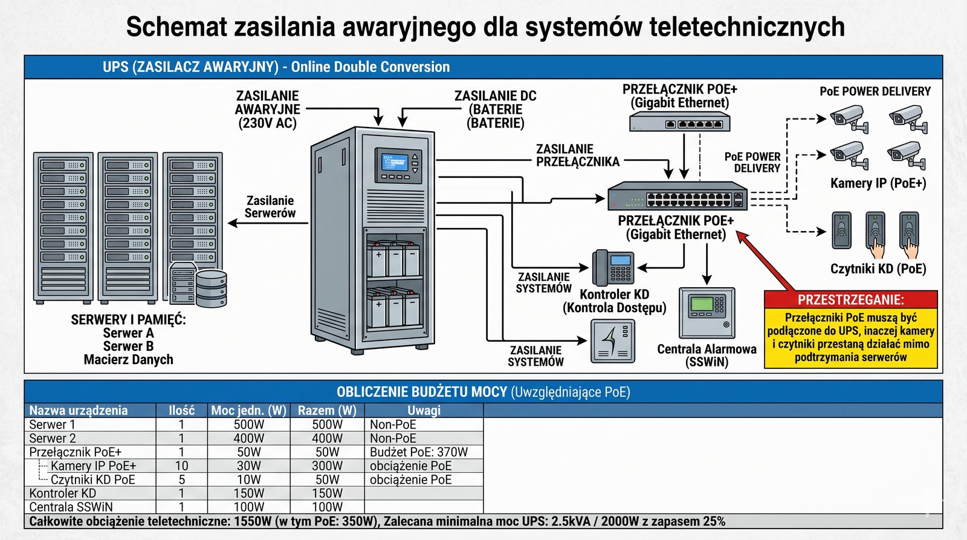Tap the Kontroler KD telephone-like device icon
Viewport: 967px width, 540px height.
(x=612, y=267)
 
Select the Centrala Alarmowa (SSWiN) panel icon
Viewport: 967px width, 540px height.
(x=707, y=313)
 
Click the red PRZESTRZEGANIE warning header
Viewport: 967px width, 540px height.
(x=850, y=300)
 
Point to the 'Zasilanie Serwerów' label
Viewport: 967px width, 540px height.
(x=270, y=207)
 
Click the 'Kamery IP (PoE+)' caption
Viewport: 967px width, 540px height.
(x=878, y=183)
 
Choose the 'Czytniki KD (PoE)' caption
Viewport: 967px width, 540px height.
(x=878, y=268)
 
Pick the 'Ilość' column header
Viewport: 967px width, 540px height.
(x=181, y=410)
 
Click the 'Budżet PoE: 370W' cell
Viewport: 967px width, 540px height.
(x=419, y=452)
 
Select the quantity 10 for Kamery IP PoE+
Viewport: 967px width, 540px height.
(x=181, y=466)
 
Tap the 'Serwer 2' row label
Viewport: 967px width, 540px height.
(x=53, y=438)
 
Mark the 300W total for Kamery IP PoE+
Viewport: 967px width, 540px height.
(x=327, y=466)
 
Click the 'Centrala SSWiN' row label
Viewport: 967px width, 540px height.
(x=71, y=507)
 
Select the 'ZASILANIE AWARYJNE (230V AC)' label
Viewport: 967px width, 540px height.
(x=267, y=109)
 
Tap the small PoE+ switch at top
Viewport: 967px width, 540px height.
(x=679, y=123)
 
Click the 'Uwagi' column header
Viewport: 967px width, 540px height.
(x=424, y=410)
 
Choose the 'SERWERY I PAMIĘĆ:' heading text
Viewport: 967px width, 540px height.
(x=128, y=319)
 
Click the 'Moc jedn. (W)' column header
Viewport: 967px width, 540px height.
(x=248, y=410)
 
